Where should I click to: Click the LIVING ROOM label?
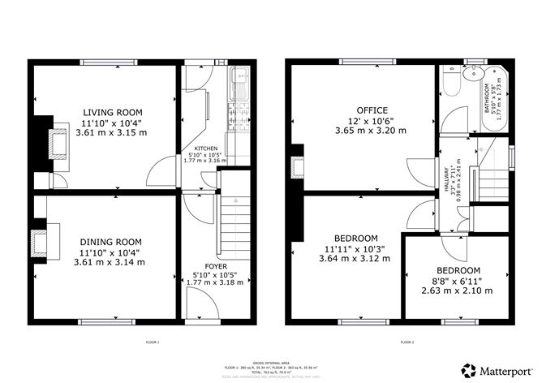111,112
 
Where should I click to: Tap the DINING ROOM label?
111,242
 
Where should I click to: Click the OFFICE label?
372,110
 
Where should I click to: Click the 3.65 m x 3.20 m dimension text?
372,130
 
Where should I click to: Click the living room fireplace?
58,143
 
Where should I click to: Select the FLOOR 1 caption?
153,342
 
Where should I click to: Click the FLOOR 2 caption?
406,342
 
